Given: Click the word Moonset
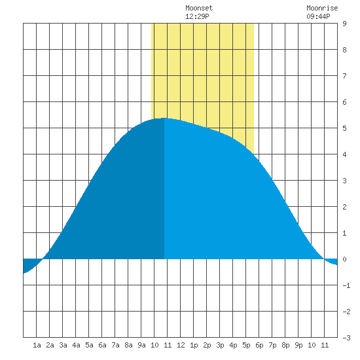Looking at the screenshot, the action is click(x=199, y=8).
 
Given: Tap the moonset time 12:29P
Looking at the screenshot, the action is click(x=197, y=16).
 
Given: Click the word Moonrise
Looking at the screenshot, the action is click(x=322, y=8).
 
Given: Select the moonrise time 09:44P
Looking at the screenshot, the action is click(x=318, y=16).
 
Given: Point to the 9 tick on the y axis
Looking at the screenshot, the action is click(x=344, y=24).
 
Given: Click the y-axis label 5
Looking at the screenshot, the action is click(x=344, y=128).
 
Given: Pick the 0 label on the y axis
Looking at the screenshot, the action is click(x=344, y=259).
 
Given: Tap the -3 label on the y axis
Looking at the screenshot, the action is click(x=346, y=338).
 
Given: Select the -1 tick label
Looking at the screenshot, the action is click(x=346, y=285).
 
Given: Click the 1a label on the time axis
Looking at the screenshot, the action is click(x=37, y=345).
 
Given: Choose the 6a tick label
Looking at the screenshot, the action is click(x=102, y=345).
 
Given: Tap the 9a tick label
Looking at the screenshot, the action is click(x=141, y=345).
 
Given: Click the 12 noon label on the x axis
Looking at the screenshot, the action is click(x=181, y=345).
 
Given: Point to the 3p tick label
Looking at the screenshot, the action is click(x=220, y=345).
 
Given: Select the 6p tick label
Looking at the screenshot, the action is click(x=259, y=345).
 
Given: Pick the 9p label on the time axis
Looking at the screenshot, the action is click(x=298, y=345).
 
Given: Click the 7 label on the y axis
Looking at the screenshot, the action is click(x=344, y=76).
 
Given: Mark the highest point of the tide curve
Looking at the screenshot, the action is click(x=164, y=118).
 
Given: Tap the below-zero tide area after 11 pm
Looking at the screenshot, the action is click(x=333, y=261).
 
